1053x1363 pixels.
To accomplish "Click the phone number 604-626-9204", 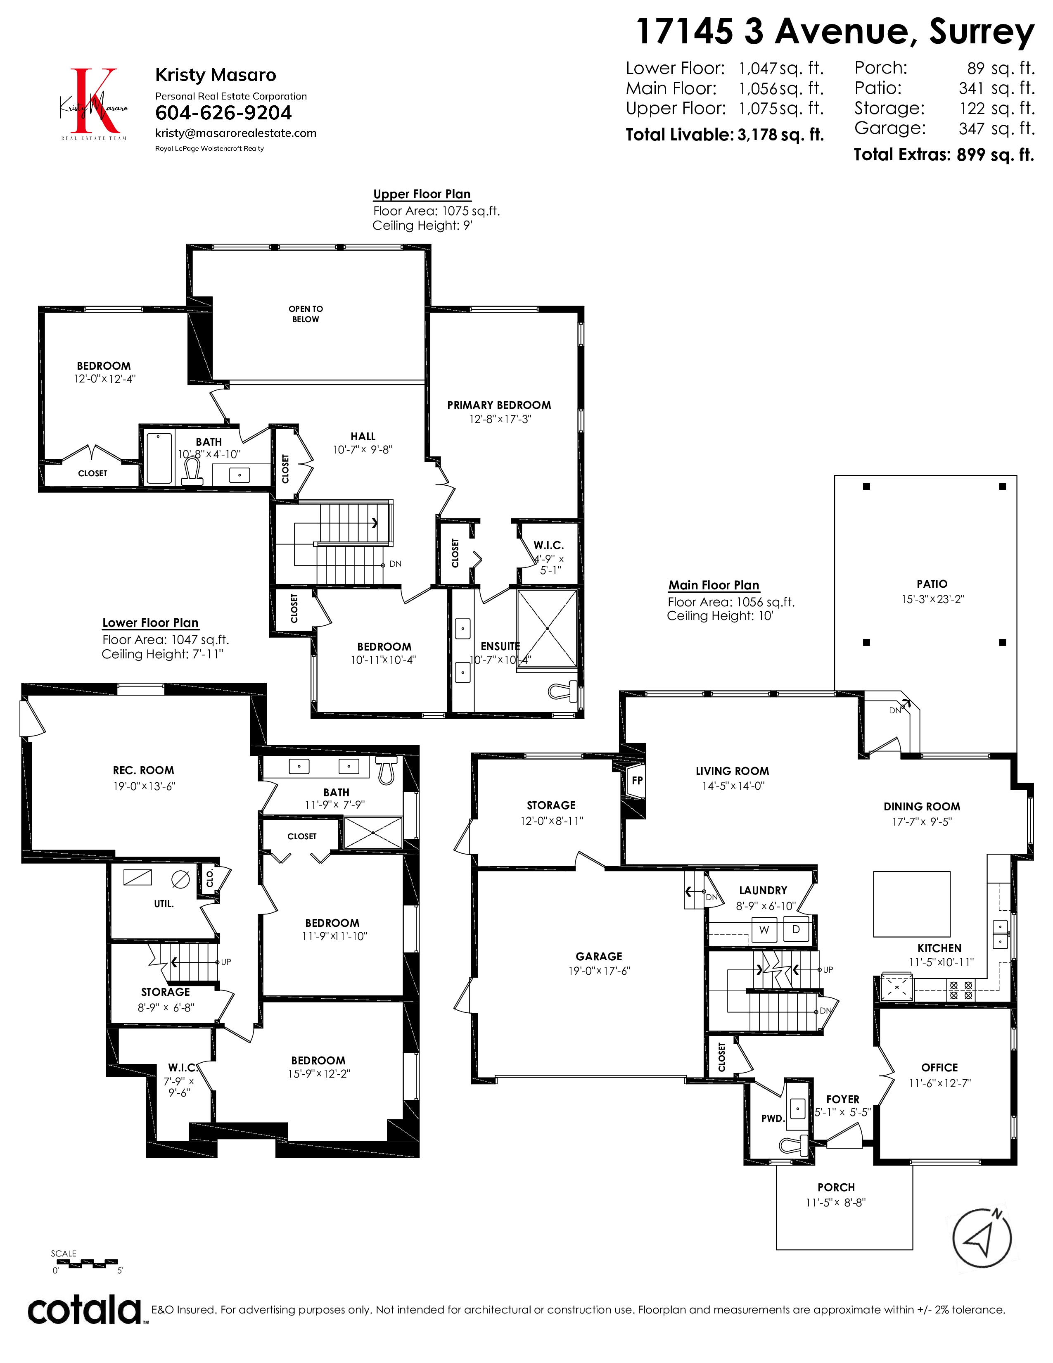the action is click(223, 113).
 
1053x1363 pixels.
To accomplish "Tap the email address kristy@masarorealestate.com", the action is click(236, 133).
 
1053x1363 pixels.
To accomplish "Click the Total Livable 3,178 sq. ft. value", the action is click(780, 135).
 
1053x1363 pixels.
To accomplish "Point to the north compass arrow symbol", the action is click(982, 1239).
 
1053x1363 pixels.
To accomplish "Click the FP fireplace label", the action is click(637, 780).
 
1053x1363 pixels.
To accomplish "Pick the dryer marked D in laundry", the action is click(796, 928).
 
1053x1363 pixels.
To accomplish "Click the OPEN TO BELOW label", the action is click(306, 314).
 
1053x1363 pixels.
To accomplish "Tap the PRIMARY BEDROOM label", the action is click(499, 405).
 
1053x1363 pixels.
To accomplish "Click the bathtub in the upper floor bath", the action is click(159, 458).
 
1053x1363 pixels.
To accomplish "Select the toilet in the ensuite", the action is click(563, 691).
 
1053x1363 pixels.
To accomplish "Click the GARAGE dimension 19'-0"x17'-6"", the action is click(599, 971).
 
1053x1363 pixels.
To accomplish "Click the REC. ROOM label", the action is click(143, 771).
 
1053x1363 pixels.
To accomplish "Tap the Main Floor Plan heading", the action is click(714, 585).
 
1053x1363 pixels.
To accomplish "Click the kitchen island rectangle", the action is click(911, 904).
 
